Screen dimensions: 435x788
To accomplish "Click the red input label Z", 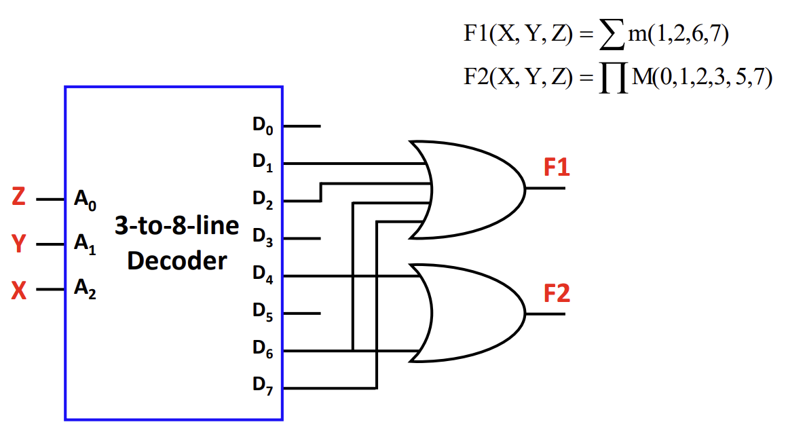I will [19, 197].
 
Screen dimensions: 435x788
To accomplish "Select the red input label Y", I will [19, 244].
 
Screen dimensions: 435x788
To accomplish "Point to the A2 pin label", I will [85, 292].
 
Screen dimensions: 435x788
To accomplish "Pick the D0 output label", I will [263, 127].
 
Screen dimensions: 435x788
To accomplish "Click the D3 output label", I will [263, 238].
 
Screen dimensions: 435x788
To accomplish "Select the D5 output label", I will [263, 312].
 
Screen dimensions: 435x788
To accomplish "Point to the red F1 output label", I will [557, 168].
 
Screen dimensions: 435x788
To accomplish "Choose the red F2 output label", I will [557, 294].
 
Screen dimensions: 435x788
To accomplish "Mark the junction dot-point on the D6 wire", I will [353, 351].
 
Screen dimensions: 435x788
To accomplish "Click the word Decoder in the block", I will [176, 261].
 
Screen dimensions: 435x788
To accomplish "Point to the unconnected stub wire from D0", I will [301, 126].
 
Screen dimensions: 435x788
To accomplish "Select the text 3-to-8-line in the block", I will [176, 226].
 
